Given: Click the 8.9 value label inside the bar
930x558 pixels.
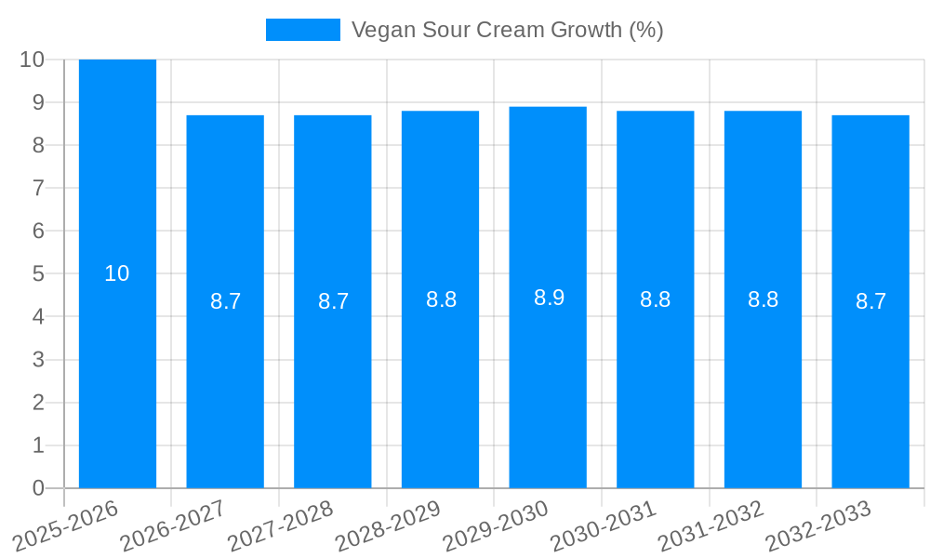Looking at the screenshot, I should point(549,298).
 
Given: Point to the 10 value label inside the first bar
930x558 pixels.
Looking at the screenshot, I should point(117,273).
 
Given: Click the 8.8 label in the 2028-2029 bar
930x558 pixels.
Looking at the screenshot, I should point(441,299).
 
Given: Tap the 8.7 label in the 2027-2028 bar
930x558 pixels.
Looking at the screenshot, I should point(333,301).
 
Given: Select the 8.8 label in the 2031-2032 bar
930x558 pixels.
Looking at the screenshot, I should point(763,299).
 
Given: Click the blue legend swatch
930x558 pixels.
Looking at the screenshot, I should point(303,30).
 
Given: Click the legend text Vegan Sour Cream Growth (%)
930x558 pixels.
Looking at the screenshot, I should point(507,30).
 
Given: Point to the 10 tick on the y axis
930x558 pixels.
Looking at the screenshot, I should point(32,60).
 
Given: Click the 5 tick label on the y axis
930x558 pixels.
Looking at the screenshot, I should point(38,274).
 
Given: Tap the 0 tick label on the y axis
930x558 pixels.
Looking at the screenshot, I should point(38,488).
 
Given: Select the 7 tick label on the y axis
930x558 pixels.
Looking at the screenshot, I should point(38,188).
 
